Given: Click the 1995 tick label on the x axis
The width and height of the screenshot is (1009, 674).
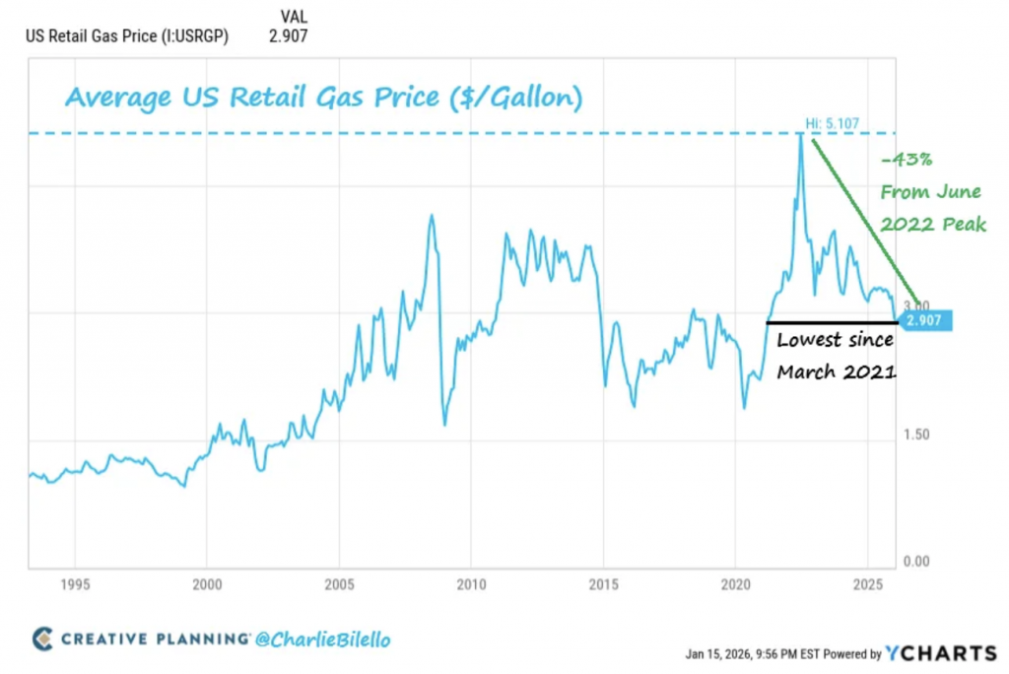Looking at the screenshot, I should [76, 582].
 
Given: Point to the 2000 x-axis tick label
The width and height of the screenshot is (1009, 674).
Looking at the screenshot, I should [207, 582].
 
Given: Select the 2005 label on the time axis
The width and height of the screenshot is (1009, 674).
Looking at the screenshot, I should [339, 582].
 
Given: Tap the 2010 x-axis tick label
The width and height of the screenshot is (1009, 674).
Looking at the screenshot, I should [471, 582].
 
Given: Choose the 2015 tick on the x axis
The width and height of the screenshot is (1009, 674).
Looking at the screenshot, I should [603, 582].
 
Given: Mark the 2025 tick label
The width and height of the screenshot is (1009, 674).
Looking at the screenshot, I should [867, 582].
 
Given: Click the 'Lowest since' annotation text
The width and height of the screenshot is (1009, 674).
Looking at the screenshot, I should [835, 341].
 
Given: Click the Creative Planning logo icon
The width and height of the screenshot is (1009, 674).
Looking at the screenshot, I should [42, 639].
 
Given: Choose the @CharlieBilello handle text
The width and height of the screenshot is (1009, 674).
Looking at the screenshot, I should [322, 640].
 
